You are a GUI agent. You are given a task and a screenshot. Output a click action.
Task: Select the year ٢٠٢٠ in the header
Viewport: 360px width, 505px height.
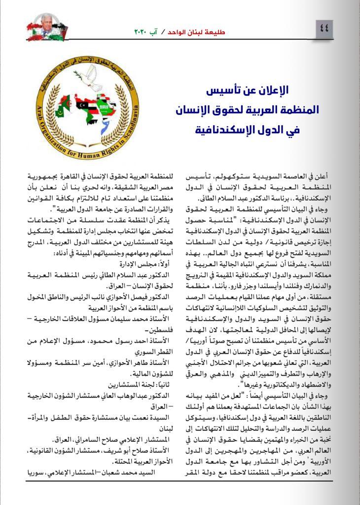(x=144, y=31)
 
